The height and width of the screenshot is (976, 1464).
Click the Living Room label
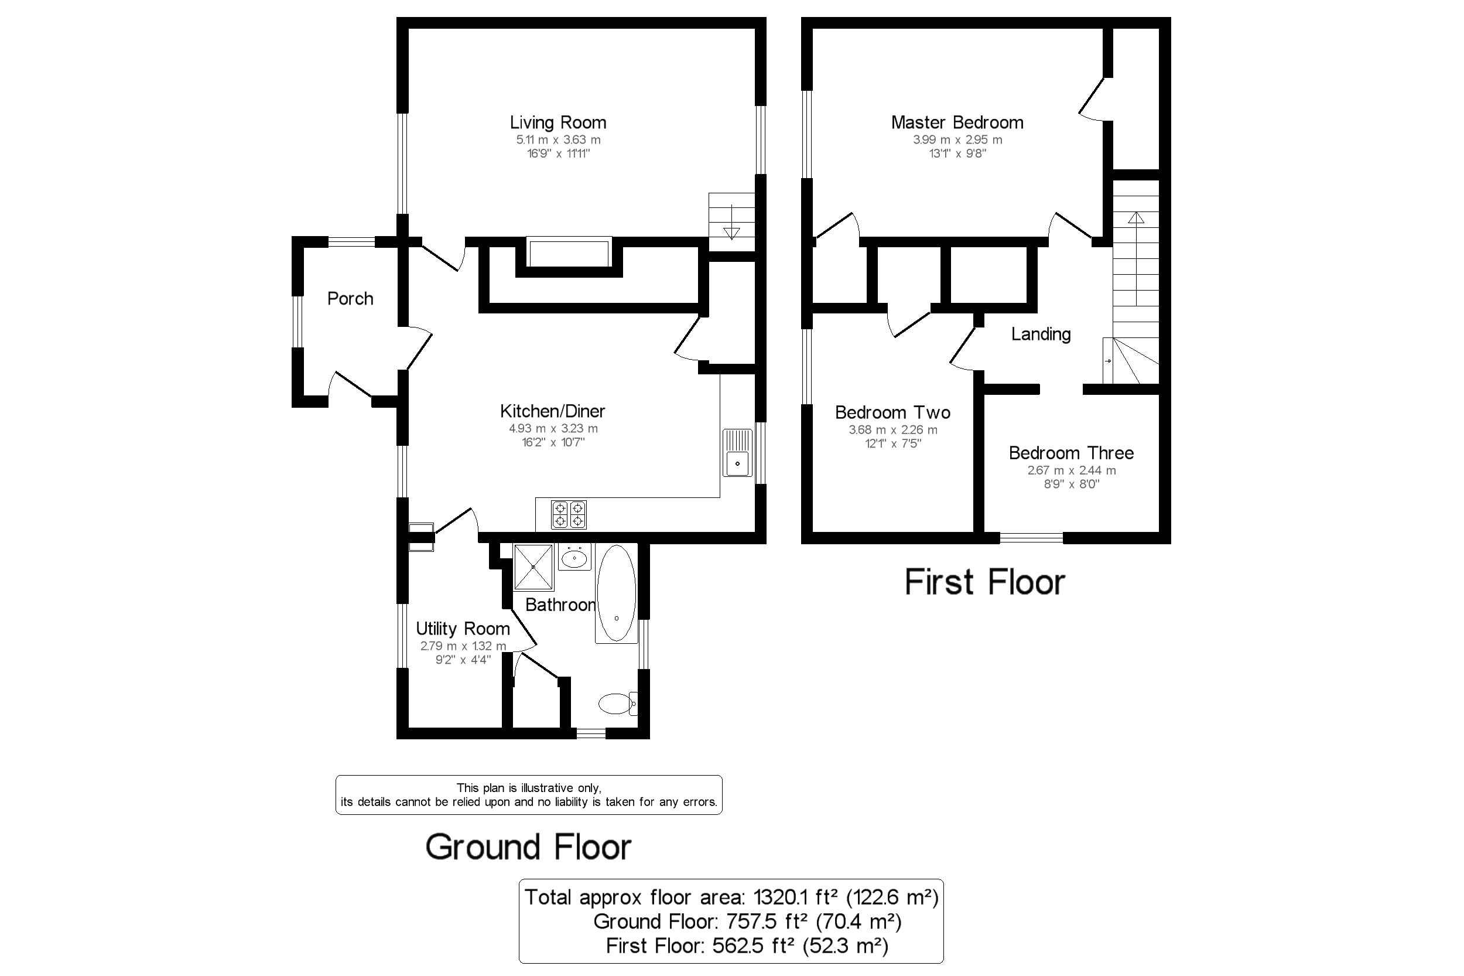tap(557, 122)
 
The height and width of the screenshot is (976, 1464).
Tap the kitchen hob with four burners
tap(569, 515)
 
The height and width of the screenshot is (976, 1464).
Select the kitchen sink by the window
tap(737, 452)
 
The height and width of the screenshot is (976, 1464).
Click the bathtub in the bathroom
tap(616, 593)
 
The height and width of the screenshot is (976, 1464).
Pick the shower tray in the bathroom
tap(533, 567)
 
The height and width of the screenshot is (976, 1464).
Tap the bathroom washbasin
tap(574, 558)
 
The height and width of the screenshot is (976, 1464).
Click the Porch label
tap(350, 299)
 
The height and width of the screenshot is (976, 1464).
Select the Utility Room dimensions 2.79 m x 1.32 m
tap(463, 646)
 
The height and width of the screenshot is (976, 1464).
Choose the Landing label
tap(1040, 335)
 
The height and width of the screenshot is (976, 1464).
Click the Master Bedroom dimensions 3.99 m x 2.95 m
tap(957, 140)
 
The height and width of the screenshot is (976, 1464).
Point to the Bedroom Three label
tap(1071, 453)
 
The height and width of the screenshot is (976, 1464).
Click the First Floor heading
tap(984, 582)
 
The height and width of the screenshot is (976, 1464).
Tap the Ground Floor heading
tap(528, 847)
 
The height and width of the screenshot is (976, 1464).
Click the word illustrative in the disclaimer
tap(548, 788)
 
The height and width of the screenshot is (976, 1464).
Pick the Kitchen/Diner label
tap(552, 411)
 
